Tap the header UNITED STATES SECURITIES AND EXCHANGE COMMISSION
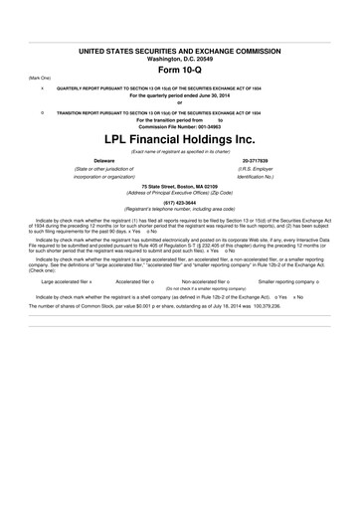pyautogui.click(x=179, y=50)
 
